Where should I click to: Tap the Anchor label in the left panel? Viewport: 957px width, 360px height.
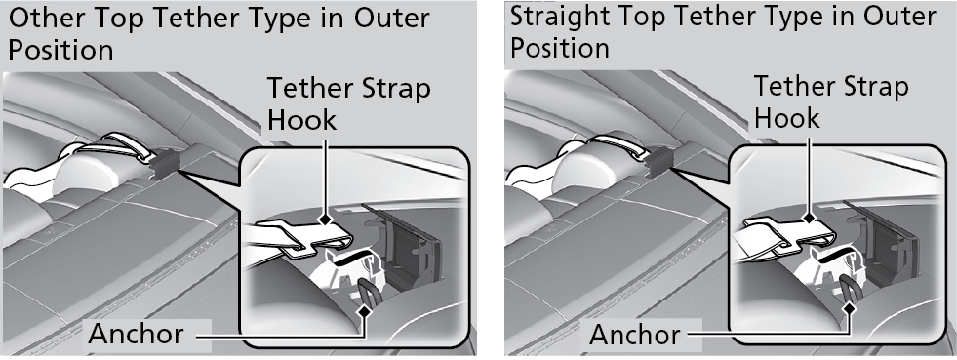(x=135, y=334)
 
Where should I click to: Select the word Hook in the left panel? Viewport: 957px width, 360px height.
(x=301, y=119)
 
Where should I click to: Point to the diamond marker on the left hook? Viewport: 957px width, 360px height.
(x=325, y=219)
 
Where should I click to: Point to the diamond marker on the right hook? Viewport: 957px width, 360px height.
(x=810, y=218)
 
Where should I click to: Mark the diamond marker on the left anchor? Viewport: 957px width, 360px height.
(x=365, y=311)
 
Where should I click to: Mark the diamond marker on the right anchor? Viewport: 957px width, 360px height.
(x=849, y=309)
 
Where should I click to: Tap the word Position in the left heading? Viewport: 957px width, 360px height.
(x=60, y=50)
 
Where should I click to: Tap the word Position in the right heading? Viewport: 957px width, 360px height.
(x=560, y=48)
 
